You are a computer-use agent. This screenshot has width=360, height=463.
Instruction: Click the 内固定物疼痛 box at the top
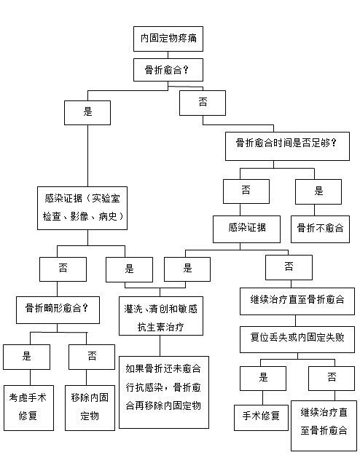168,39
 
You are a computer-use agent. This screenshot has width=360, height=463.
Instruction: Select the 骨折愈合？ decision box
168,70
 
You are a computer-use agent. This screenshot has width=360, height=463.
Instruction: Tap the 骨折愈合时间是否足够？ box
287,146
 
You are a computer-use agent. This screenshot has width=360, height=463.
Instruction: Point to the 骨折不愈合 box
320,229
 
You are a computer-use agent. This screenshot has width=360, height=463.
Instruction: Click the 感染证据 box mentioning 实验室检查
82,208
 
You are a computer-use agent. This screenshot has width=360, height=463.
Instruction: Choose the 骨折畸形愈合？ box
58,309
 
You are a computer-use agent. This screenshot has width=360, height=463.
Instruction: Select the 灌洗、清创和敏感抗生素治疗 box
161,316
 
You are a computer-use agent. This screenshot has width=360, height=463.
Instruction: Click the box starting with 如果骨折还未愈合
164,392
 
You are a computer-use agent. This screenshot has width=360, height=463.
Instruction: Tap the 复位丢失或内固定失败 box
297,339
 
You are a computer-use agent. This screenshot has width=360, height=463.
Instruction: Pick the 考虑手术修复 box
28,408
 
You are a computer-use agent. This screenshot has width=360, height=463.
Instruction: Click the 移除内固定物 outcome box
90,408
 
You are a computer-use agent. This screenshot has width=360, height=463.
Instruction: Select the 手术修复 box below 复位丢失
261,418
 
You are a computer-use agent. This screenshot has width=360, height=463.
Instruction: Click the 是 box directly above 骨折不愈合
318,191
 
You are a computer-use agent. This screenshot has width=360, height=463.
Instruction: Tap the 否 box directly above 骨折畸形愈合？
63,269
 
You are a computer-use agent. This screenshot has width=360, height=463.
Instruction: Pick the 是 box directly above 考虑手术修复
27,357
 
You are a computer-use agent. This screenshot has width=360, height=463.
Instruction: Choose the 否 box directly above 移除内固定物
92,357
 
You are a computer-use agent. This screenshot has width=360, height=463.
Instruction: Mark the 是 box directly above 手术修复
263,379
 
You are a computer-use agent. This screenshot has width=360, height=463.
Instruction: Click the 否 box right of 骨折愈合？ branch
203,103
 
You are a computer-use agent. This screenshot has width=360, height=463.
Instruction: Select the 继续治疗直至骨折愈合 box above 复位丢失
297,301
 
